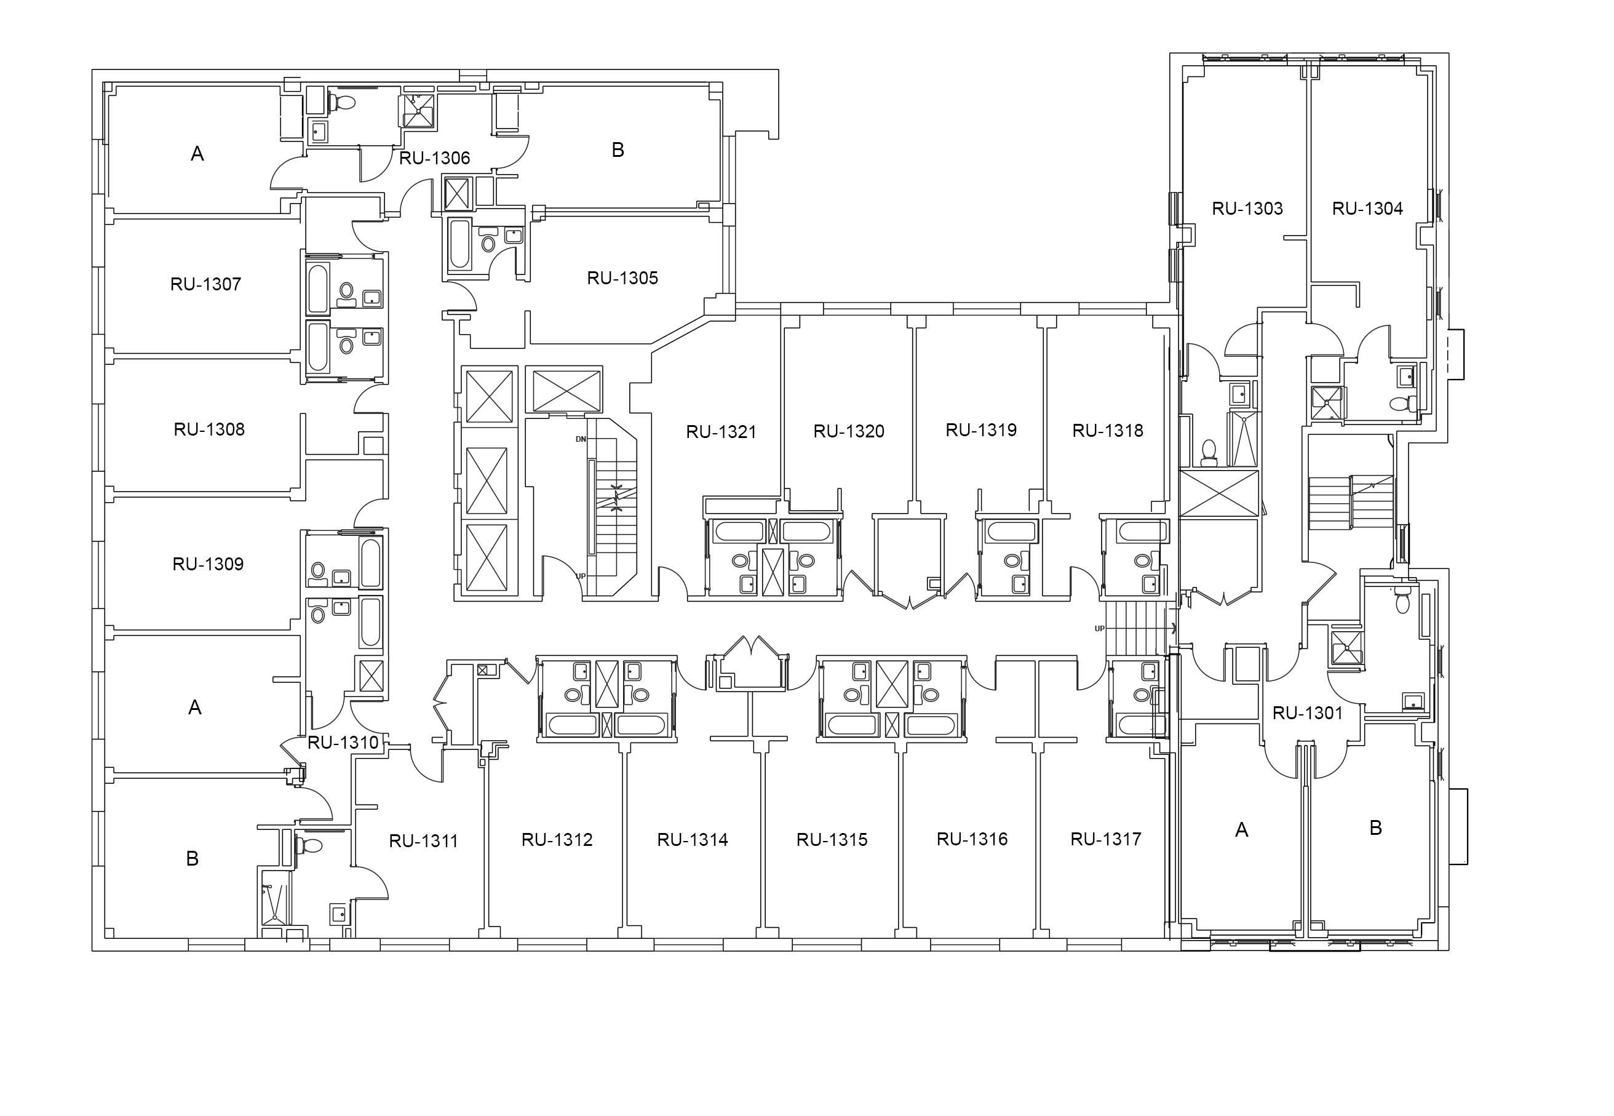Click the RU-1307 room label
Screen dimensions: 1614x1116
coord(205,284)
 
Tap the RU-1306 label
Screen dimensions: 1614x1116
coord(434,158)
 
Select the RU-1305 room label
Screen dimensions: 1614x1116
coord(622,278)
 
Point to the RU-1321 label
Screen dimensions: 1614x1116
coord(722,432)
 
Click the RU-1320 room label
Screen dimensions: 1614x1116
coord(849,431)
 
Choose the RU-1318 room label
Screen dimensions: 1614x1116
coord(1108,431)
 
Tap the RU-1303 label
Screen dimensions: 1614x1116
coord(1248,209)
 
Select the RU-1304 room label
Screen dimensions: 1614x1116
coord(1368,209)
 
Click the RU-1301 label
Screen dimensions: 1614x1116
coord(1308,713)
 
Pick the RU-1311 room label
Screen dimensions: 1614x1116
coord(424,841)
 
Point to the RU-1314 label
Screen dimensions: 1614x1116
coord(693,840)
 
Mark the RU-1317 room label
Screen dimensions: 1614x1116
coord(1106,839)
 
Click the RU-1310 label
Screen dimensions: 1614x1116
coord(343,743)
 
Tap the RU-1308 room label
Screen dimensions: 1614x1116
coord(209,429)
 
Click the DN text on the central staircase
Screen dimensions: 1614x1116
coord(581,439)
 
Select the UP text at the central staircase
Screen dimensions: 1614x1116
coord(581,576)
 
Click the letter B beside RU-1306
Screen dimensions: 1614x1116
coord(618,149)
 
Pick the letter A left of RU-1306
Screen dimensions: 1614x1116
coord(197,154)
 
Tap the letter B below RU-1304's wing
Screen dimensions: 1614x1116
coord(1375,828)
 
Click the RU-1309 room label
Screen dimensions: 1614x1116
coord(209,564)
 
